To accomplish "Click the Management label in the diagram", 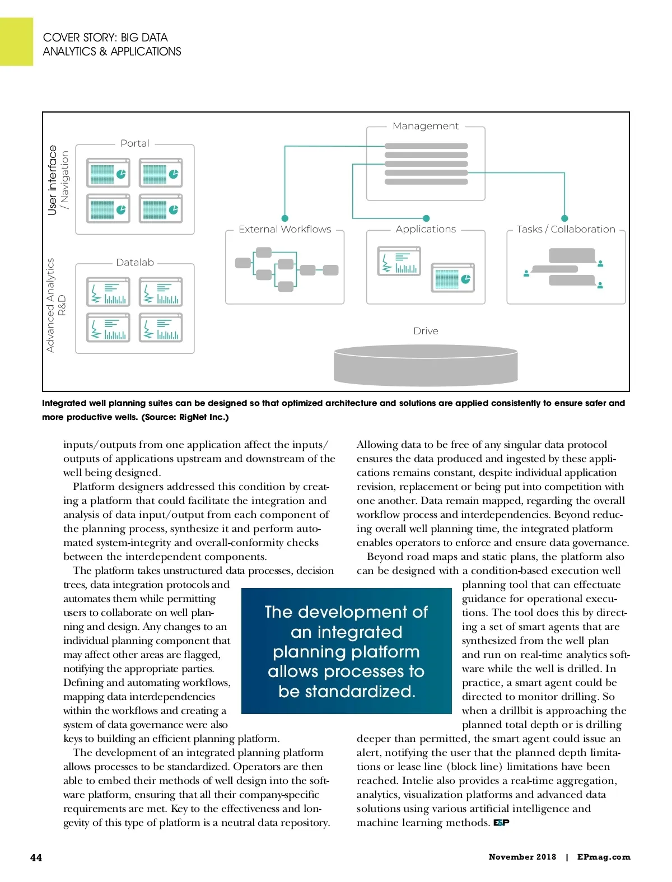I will [426, 126].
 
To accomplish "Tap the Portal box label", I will [135, 143].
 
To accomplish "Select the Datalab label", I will [135, 262].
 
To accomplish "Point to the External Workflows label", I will [284, 229].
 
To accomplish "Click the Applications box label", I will [426, 229].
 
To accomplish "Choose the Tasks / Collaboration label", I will [566, 229].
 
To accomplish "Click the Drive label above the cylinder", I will [426, 331].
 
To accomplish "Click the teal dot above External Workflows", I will [285, 218].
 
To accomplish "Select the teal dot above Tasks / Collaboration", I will [564, 218].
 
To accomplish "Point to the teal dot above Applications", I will [426, 218].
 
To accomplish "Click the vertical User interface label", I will [53, 180].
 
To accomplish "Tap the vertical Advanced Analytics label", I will [50, 305].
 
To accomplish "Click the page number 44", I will [36, 857].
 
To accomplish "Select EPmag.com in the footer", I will [604, 857].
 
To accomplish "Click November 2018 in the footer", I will [522, 857].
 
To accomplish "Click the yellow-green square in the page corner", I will [16, 41].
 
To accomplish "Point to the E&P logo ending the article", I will [501, 823].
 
